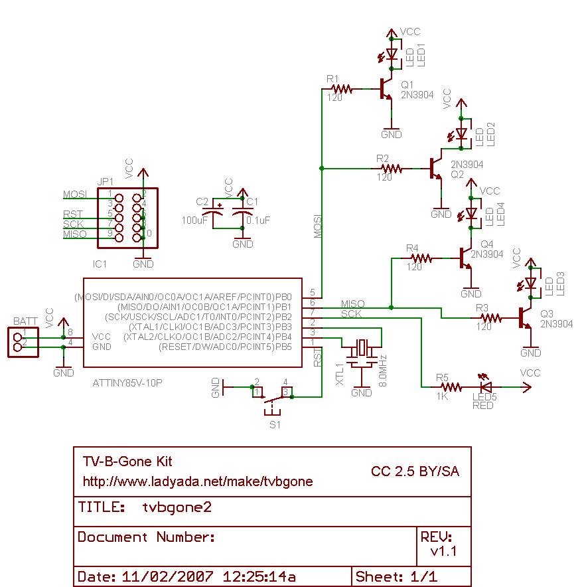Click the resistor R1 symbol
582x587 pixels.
pyautogui.click(x=341, y=88)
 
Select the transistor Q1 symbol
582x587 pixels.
pyautogui.click(x=386, y=90)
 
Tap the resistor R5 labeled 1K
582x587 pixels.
pyautogui.click(x=451, y=386)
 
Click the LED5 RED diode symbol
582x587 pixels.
pyautogui.click(x=485, y=386)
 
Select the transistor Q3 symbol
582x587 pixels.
pyautogui.click(x=526, y=319)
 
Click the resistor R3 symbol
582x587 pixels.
pyautogui.click(x=490, y=319)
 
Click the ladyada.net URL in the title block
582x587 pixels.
pyautogui.click(x=197, y=481)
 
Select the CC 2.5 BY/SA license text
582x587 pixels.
pyautogui.click(x=415, y=471)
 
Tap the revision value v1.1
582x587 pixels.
pyautogui.click(x=443, y=551)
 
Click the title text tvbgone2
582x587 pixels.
pyautogui.click(x=177, y=507)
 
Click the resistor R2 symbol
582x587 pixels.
pyautogui.click(x=391, y=169)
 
